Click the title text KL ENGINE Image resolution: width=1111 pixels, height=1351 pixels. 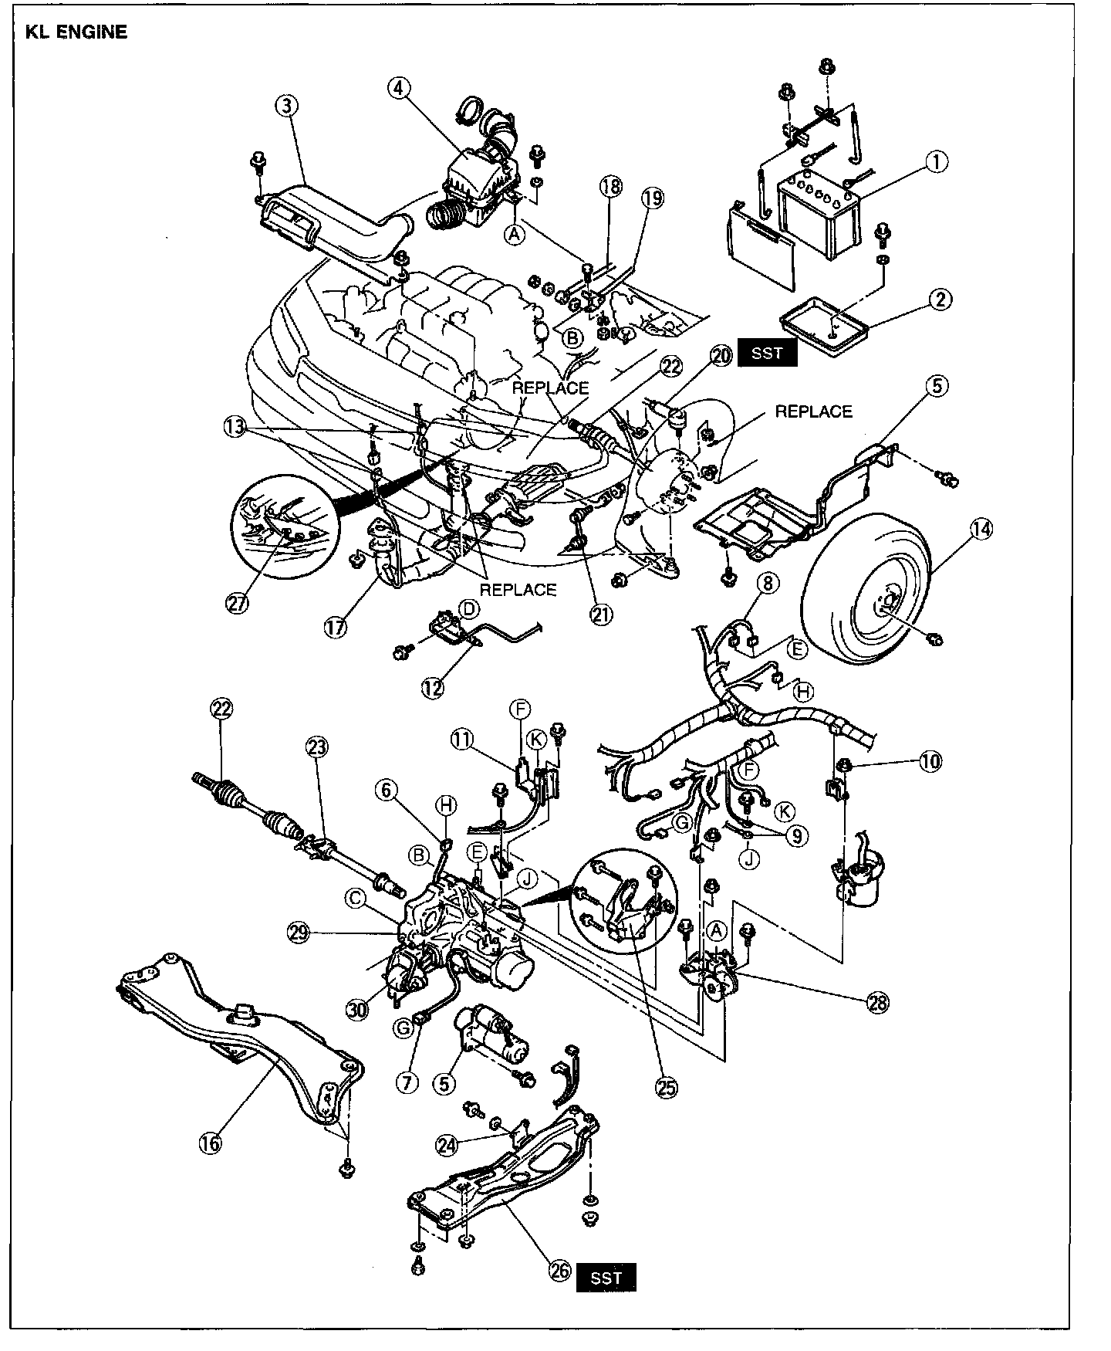click(76, 32)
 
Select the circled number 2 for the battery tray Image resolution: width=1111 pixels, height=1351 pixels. click(939, 299)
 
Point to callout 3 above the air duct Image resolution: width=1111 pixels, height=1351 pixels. click(286, 107)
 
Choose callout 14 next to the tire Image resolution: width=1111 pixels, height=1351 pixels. click(981, 529)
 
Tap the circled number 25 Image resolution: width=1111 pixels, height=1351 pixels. click(665, 1088)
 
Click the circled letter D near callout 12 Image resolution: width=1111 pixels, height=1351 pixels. click(466, 609)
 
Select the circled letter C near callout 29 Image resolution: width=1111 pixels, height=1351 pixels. click(356, 898)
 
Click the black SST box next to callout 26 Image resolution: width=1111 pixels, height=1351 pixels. click(606, 1278)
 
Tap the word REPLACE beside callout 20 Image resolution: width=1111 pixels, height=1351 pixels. click(813, 412)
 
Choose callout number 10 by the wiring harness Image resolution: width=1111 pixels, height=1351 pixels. click(930, 762)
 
